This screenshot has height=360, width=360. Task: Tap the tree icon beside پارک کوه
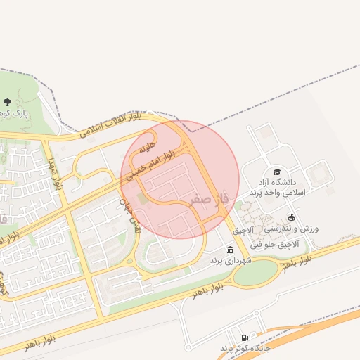click(x=7, y=103)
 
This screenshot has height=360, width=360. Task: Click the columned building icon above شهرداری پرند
click(x=230, y=250)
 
